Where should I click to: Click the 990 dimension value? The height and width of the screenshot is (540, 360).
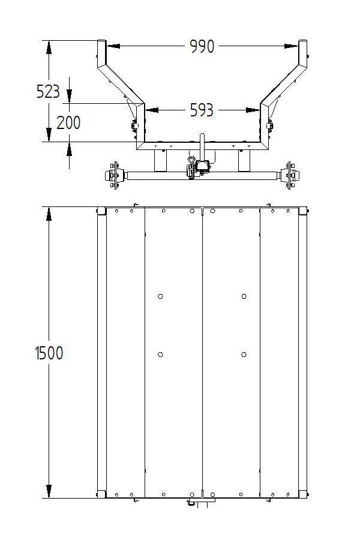[202, 46]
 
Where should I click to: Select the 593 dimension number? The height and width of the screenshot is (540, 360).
[202, 110]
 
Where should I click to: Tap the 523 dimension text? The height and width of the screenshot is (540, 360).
[48, 92]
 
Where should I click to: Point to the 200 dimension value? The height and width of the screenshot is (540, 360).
[68, 122]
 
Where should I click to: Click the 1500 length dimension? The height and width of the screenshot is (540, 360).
[49, 353]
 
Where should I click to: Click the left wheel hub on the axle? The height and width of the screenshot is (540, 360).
[114, 175]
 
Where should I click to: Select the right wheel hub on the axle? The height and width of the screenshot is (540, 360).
[289, 175]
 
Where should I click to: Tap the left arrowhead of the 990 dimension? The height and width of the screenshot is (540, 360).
[113, 46]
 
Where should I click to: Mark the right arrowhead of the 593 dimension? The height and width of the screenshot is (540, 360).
[253, 110]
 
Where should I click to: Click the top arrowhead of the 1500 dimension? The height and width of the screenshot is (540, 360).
[49, 214]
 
